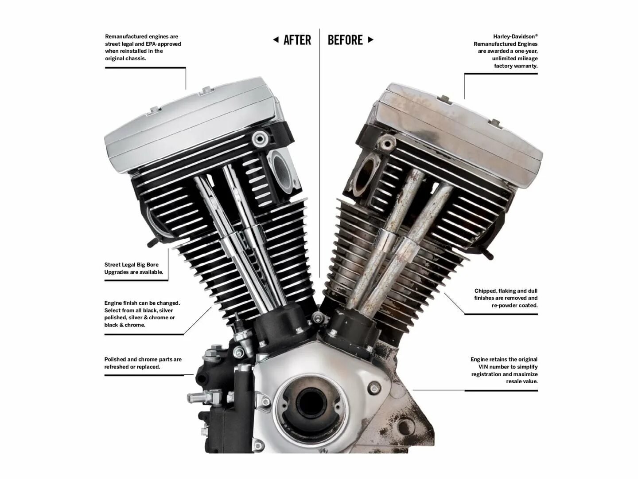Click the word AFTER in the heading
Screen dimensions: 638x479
pos(297,40)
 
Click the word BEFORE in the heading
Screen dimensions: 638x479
pos(345,40)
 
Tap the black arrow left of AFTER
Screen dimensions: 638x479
pos(276,39)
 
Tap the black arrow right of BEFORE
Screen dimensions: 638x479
pos(370,39)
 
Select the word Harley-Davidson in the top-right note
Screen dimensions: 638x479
pos(514,37)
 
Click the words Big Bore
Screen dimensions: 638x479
pos(148,265)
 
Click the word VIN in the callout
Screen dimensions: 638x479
pos(483,367)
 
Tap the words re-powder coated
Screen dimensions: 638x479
pos(514,306)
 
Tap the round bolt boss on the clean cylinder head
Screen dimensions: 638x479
pos(260,139)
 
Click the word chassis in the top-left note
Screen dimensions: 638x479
pos(136,59)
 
